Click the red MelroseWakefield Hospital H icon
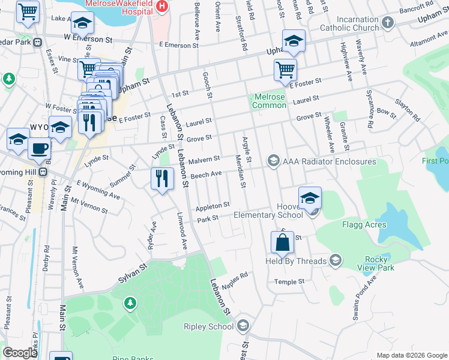[x=161, y=5]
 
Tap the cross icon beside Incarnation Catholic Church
[x=388, y=23]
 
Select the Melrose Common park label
[x=270, y=101]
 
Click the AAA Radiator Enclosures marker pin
[x=274, y=160]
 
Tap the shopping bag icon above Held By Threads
[x=282, y=243]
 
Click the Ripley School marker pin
[x=243, y=326]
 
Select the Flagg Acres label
[x=381, y=225]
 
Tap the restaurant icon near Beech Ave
[x=161, y=178]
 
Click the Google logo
[x=20, y=353]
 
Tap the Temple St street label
[x=290, y=281]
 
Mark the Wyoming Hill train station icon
[x=43, y=172]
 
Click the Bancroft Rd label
[x=417, y=7]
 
